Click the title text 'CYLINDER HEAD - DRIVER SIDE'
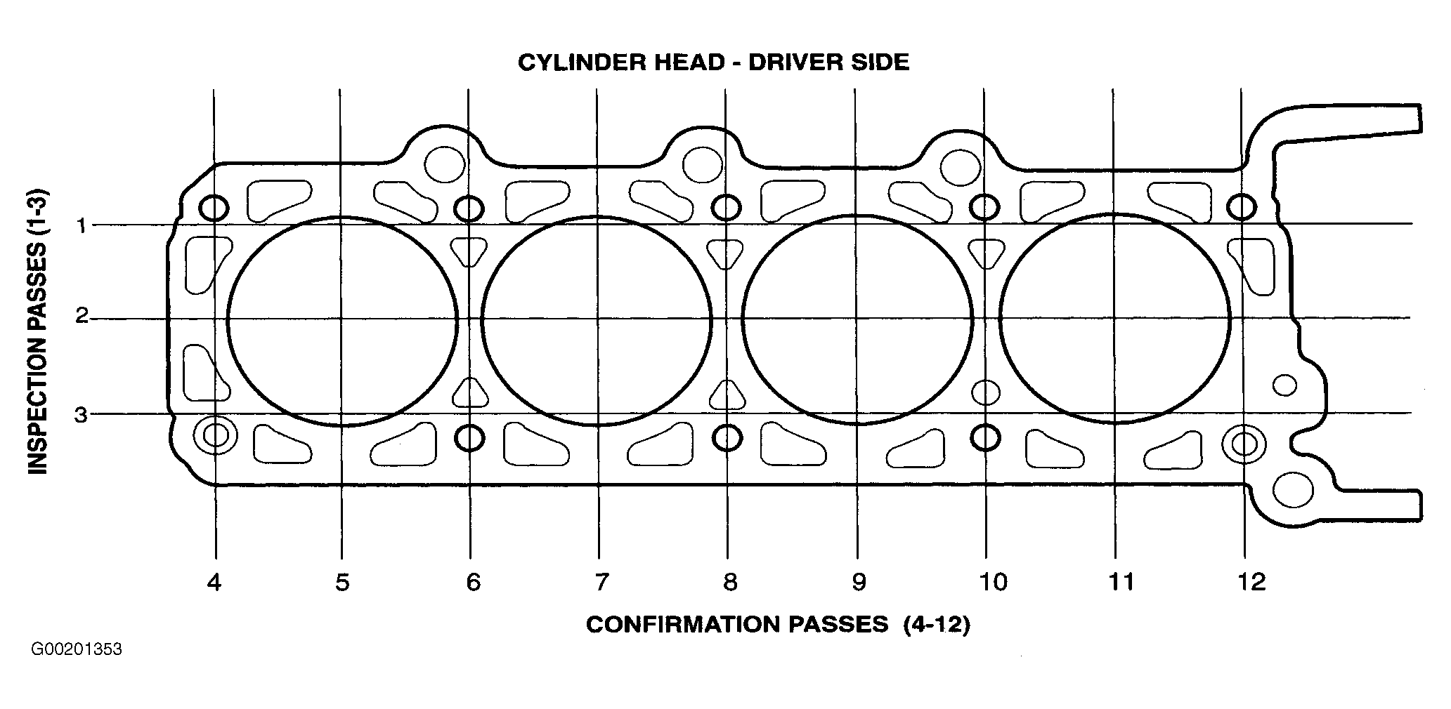[x=713, y=62]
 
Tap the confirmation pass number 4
[x=214, y=582]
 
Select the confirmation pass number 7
[x=601, y=582]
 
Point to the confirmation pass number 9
[x=859, y=582]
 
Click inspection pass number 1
[x=82, y=225]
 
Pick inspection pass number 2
[x=82, y=317]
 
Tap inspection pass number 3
[x=82, y=415]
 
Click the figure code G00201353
[x=76, y=650]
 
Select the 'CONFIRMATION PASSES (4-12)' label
[x=778, y=625]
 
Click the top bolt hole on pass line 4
[x=214, y=208]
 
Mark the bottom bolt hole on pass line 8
[x=727, y=438]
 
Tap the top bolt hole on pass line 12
[x=1242, y=207]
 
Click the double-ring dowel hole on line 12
[x=1244, y=444]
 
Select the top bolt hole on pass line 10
[x=985, y=207]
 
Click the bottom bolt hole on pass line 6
[x=469, y=438]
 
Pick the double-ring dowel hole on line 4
[x=216, y=435]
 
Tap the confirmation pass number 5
[x=342, y=582]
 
